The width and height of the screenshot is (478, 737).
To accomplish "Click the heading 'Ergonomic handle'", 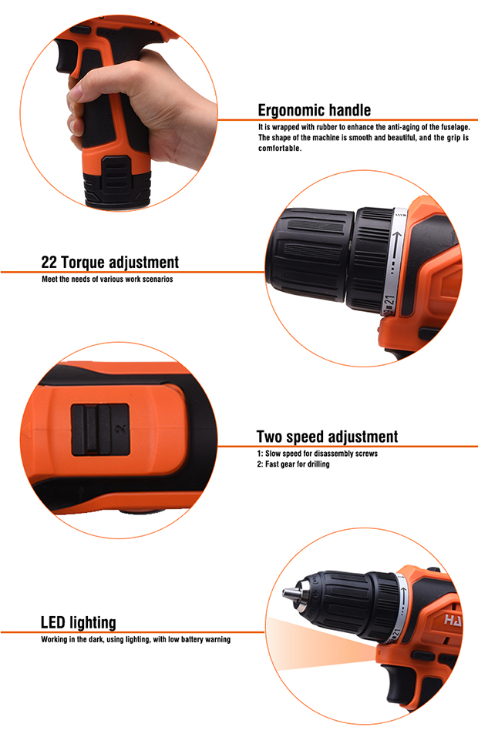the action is (x=315, y=110).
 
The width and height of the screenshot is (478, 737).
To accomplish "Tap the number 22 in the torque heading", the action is (x=49, y=262).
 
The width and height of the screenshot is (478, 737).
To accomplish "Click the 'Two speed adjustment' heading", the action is (x=327, y=437).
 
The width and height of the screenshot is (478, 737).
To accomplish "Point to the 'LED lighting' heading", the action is (x=78, y=622).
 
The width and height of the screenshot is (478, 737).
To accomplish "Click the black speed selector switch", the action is (x=100, y=429).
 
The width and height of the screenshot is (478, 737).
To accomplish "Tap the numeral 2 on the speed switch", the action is (x=121, y=428).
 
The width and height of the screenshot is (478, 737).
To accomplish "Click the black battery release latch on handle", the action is (x=116, y=175).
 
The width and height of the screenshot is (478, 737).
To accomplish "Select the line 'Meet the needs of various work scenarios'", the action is (x=107, y=280).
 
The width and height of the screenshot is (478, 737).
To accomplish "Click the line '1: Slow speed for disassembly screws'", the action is (x=317, y=454).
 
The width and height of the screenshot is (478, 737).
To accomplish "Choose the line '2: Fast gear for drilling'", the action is (x=293, y=464).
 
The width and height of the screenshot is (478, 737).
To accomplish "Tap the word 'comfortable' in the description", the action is (x=279, y=149).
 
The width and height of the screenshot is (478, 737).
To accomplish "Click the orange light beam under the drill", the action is (x=320, y=644).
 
